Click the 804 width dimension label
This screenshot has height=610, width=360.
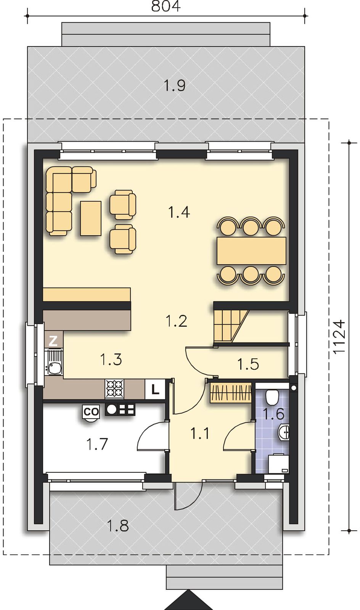click(x=166, y=6)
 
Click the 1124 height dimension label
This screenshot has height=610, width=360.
click(x=339, y=337)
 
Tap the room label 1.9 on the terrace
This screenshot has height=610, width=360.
click(x=175, y=85)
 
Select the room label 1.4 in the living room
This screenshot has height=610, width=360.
click(x=179, y=212)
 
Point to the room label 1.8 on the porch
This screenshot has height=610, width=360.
click(x=117, y=525)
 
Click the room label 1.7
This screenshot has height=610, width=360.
click(x=97, y=444)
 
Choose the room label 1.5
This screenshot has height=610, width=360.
click(x=248, y=364)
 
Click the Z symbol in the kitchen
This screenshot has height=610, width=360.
click(x=53, y=340)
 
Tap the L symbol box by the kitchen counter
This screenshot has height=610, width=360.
click(x=155, y=389)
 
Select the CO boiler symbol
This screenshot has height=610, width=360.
click(x=91, y=412)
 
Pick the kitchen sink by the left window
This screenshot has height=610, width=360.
click(x=54, y=363)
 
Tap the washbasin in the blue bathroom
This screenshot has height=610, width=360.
click(x=284, y=432)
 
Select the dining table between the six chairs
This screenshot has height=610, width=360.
click(x=251, y=250)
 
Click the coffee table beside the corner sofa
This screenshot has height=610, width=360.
click(x=91, y=218)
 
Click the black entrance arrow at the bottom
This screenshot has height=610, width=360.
click(x=188, y=600)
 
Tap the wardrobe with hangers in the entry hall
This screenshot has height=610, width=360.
click(x=230, y=392)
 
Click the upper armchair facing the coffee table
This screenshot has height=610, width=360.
click(x=123, y=204)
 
